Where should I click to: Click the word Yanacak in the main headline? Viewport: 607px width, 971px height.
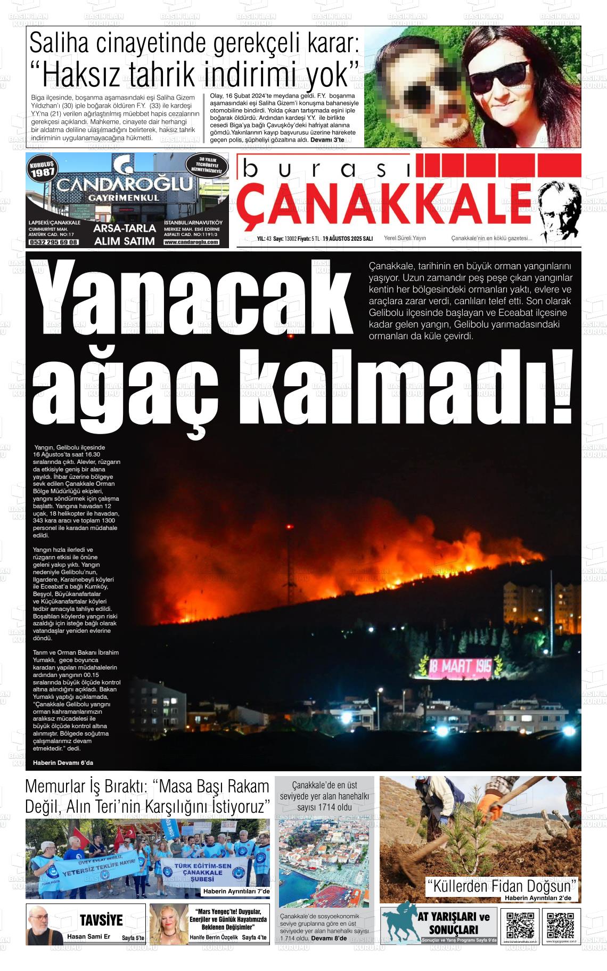point(192,298)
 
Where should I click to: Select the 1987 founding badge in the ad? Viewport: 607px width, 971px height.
point(42,169)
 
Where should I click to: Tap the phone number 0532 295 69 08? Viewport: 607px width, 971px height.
point(54,242)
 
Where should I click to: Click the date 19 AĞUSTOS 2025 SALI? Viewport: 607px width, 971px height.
point(347,239)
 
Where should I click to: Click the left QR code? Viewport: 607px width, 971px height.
point(520,926)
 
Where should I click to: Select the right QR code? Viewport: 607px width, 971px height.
point(560,926)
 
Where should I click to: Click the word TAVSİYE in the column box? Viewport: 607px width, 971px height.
point(101,920)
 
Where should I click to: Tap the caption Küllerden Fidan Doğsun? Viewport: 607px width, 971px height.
point(502,886)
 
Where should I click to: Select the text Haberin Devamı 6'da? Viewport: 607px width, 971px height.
point(63,763)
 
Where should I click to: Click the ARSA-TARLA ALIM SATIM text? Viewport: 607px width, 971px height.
point(124,234)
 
